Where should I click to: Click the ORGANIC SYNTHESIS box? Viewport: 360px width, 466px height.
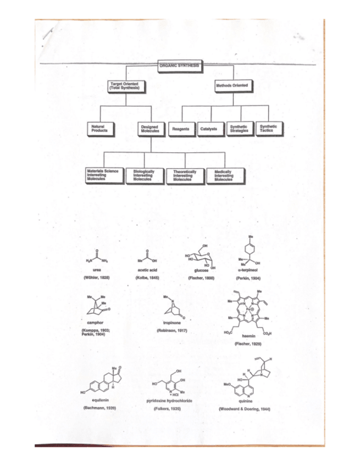coord(180,64)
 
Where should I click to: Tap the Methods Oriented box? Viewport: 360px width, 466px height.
coord(233,86)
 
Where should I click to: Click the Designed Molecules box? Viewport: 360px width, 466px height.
coord(150,129)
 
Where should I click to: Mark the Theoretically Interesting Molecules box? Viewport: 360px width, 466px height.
coord(182,176)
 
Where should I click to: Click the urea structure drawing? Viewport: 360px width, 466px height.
coord(97,258)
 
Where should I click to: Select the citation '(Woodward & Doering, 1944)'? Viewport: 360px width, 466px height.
coord(245,409)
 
